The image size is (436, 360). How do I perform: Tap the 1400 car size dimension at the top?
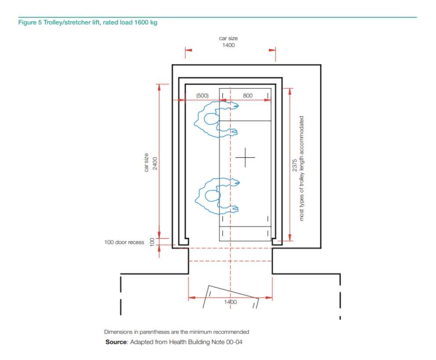(x=228, y=45)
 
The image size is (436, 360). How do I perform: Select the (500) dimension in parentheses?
(x=202, y=95)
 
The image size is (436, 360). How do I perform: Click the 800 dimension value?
(x=247, y=95)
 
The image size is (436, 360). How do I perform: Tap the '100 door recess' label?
(x=124, y=242)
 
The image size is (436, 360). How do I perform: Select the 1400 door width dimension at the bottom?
(x=230, y=302)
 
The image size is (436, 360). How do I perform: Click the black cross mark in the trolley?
(x=245, y=158)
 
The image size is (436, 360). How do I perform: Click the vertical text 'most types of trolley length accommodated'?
(x=302, y=168)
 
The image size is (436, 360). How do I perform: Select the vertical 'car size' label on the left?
(x=147, y=163)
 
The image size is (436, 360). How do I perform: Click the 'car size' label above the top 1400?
(x=228, y=39)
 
